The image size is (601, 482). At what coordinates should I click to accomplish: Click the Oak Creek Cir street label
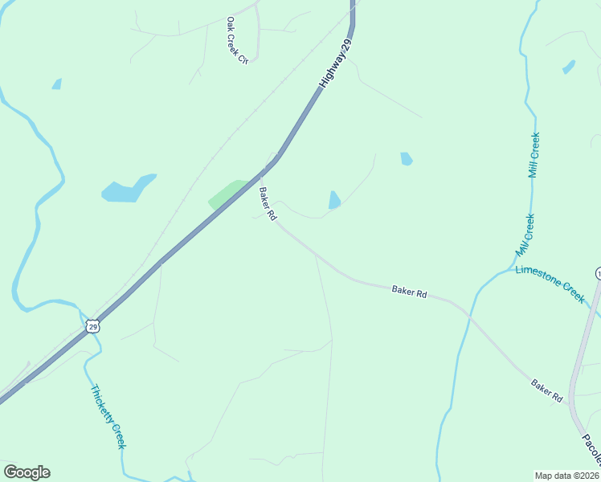pyautogui.click(x=236, y=40)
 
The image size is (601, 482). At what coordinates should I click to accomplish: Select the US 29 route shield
pyautogui.click(x=93, y=326)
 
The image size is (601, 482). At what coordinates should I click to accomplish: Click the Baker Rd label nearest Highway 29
pyautogui.click(x=268, y=204)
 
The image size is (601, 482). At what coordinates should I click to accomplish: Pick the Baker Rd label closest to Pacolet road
pyautogui.click(x=546, y=390)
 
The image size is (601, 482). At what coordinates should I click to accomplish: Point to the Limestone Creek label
pyautogui.click(x=550, y=283)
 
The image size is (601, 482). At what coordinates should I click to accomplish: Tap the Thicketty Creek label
pyautogui.click(x=108, y=417)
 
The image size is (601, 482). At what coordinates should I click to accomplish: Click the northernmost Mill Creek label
pyautogui.click(x=534, y=155)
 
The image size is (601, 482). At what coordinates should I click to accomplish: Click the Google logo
pyautogui.click(x=27, y=472)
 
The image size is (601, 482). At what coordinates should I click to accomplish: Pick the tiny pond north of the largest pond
pyautogui.click(x=57, y=84)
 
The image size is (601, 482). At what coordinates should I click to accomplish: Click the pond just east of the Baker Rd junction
pyautogui.click(x=334, y=200)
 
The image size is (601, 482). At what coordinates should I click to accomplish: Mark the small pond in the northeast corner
pyautogui.click(x=569, y=67)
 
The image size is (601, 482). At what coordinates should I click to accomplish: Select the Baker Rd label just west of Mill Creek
pyautogui.click(x=409, y=291)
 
